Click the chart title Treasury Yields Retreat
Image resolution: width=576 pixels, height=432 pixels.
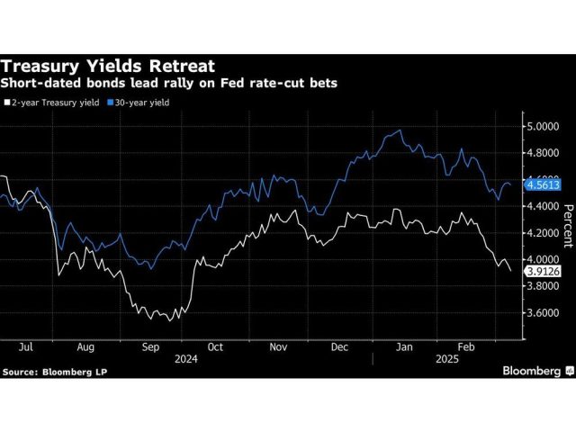click(107, 66)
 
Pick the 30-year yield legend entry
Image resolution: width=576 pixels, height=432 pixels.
click(140, 103)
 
